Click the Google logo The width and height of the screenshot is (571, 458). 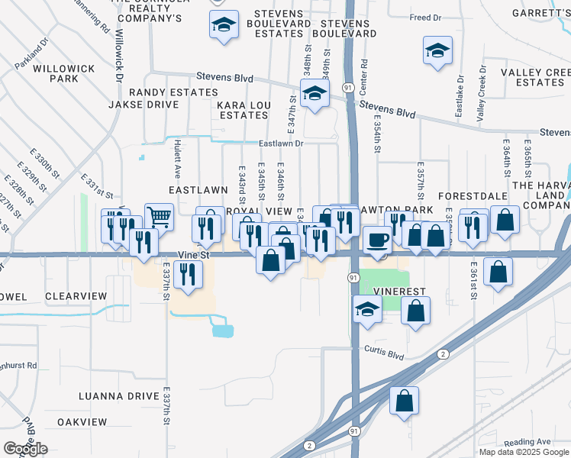click(x=25, y=449)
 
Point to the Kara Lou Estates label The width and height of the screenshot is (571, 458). click(x=244, y=110)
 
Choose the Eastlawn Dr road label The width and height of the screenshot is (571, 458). click(x=280, y=143)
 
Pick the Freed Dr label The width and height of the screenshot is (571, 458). click(x=426, y=17)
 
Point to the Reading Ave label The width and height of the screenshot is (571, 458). click(x=527, y=442)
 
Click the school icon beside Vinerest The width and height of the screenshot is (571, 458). click(x=367, y=310)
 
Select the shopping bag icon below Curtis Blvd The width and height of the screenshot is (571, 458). click(x=404, y=400)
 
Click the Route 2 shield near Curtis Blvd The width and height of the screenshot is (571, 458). click(x=442, y=354)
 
